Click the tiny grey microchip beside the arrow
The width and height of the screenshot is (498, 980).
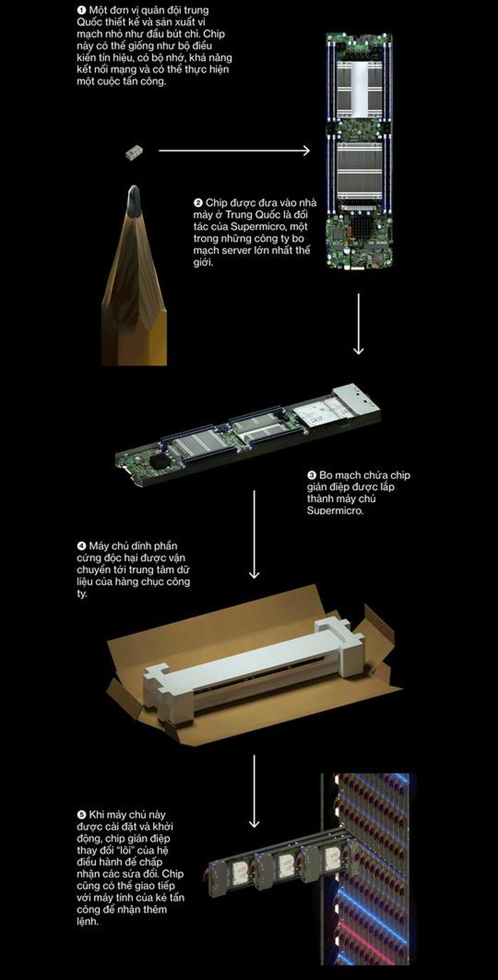[134, 153]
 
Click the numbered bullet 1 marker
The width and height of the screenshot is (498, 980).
[81, 10]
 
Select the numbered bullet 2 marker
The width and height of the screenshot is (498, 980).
[198, 203]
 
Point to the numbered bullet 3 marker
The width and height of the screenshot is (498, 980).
[312, 475]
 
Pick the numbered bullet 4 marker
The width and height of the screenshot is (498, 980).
[81, 546]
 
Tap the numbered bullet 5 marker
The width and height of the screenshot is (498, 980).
[81, 815]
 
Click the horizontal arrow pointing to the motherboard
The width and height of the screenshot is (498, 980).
[234, 150]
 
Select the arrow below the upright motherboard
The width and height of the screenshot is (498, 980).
[359, 324]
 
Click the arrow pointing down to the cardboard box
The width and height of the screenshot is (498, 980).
[254, 534]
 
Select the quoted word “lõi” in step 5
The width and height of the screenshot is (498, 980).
[116, 850]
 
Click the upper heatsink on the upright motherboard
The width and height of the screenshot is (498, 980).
[359, 88]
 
